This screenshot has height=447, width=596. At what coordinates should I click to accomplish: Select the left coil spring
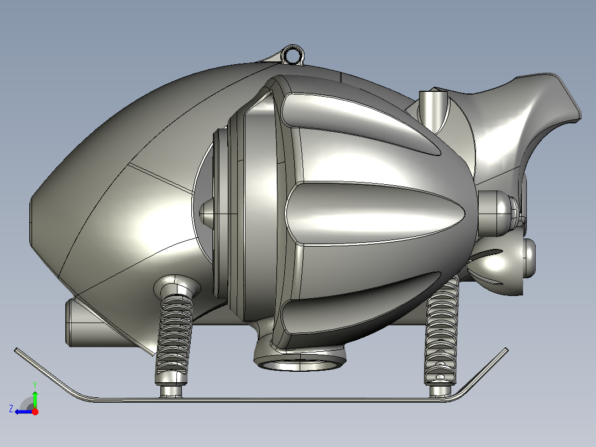point(174,339)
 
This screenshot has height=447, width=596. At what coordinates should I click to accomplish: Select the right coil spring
point(442,330)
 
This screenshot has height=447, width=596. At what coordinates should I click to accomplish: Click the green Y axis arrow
point(35,400)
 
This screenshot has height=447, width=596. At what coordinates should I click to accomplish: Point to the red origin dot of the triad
point(35,412)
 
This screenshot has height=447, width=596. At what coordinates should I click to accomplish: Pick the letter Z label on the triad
point(11,409)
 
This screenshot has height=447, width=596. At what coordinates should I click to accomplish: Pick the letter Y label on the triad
point(35,384)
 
